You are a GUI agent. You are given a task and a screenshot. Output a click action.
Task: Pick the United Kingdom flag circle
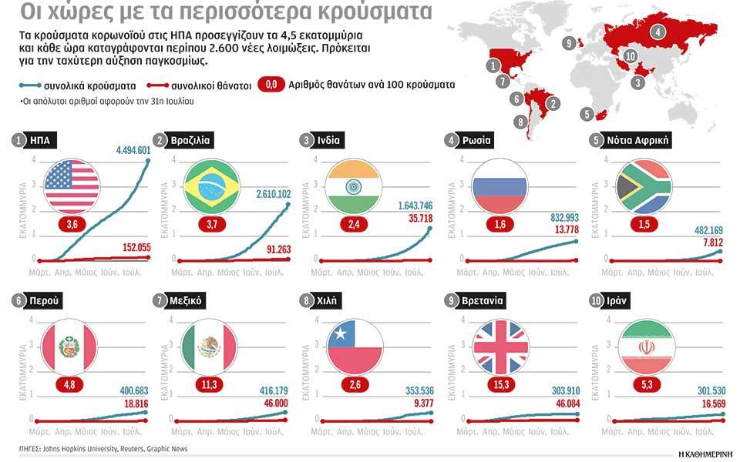[x=500, y=346]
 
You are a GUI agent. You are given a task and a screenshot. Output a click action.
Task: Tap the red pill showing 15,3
[x=500, y=384]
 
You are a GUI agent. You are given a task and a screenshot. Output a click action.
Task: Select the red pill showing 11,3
[x=210, y=384]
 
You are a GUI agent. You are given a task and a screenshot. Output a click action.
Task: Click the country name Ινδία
[x=327, y=140]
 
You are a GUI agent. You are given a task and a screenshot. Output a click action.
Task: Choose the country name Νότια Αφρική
[x=639, y=140]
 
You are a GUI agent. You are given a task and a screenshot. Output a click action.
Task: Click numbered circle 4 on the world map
[x=658, y=32]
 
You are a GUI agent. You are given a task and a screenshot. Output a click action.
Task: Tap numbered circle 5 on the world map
[x=587, y=115]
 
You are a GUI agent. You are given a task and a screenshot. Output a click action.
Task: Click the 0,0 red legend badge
[x=271, y=85]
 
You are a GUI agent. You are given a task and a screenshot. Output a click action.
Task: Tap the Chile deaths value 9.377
[x=420, y=402]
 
